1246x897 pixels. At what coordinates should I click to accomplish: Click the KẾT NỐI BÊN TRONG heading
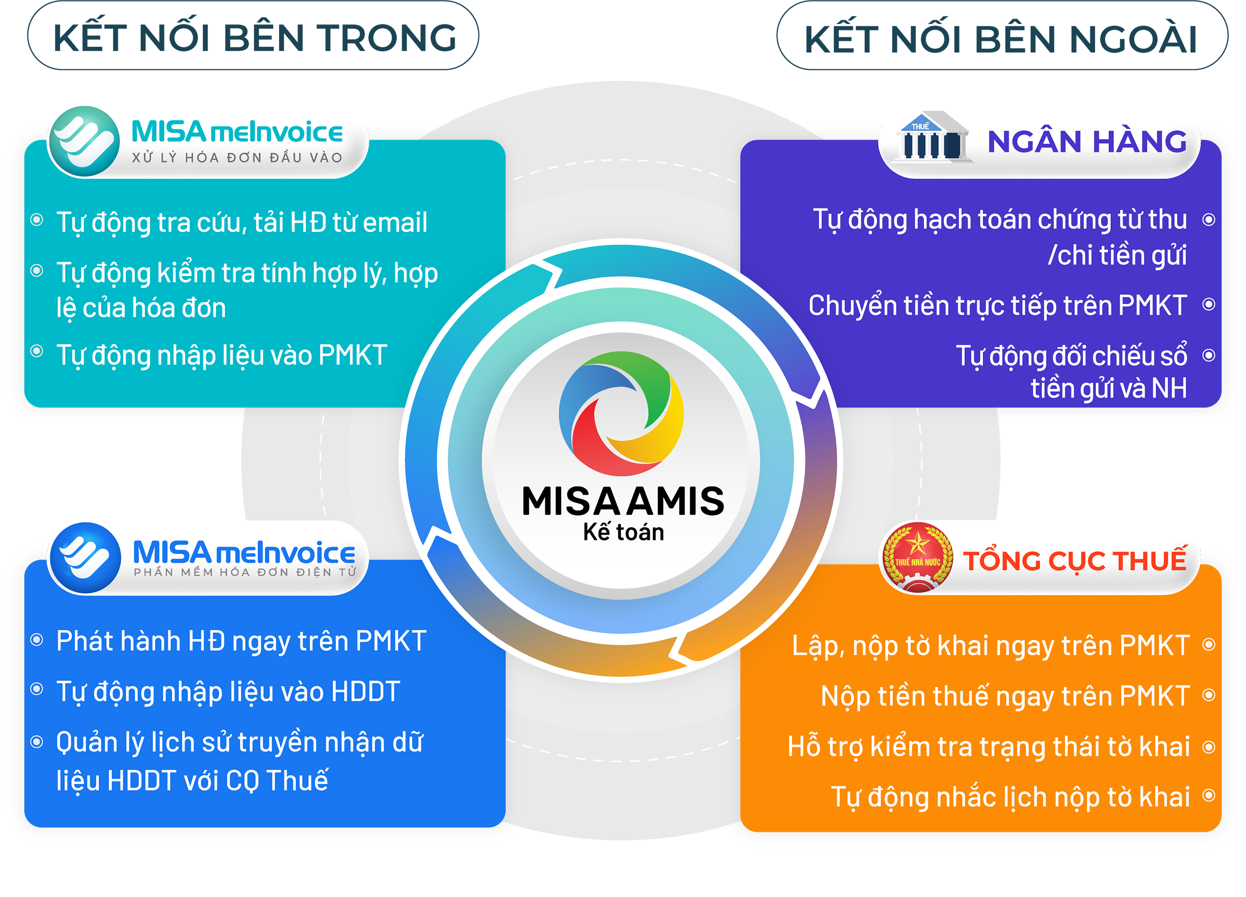(254, 37)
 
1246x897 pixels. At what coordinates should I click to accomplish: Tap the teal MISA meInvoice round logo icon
(84, 141)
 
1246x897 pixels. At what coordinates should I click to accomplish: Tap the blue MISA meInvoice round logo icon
(85, 557)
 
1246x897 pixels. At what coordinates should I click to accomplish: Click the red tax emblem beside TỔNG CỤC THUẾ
(918, 557)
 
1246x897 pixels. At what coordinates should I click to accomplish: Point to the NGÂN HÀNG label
(1087, 142)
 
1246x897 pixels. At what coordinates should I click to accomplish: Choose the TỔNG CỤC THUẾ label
(1075, 560)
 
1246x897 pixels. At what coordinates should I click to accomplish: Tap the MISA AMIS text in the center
(623, 501)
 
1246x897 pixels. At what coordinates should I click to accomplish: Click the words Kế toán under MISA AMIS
(623, 533)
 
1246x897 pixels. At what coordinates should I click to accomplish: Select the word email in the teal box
(395, 222)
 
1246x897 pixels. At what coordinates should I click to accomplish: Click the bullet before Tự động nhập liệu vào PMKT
(37, 351)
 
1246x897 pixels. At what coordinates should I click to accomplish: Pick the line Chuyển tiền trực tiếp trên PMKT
(998, 306)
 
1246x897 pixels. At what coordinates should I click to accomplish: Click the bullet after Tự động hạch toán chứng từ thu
(1209, 220)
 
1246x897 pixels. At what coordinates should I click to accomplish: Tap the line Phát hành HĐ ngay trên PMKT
(241, 641)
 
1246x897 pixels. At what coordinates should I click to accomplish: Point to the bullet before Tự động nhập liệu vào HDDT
(37, 689)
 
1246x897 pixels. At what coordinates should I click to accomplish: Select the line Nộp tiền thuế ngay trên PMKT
(1005, 696)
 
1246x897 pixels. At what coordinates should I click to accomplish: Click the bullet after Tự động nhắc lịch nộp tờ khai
(1209, 795)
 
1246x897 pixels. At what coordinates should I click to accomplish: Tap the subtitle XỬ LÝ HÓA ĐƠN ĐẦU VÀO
(237, 158)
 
